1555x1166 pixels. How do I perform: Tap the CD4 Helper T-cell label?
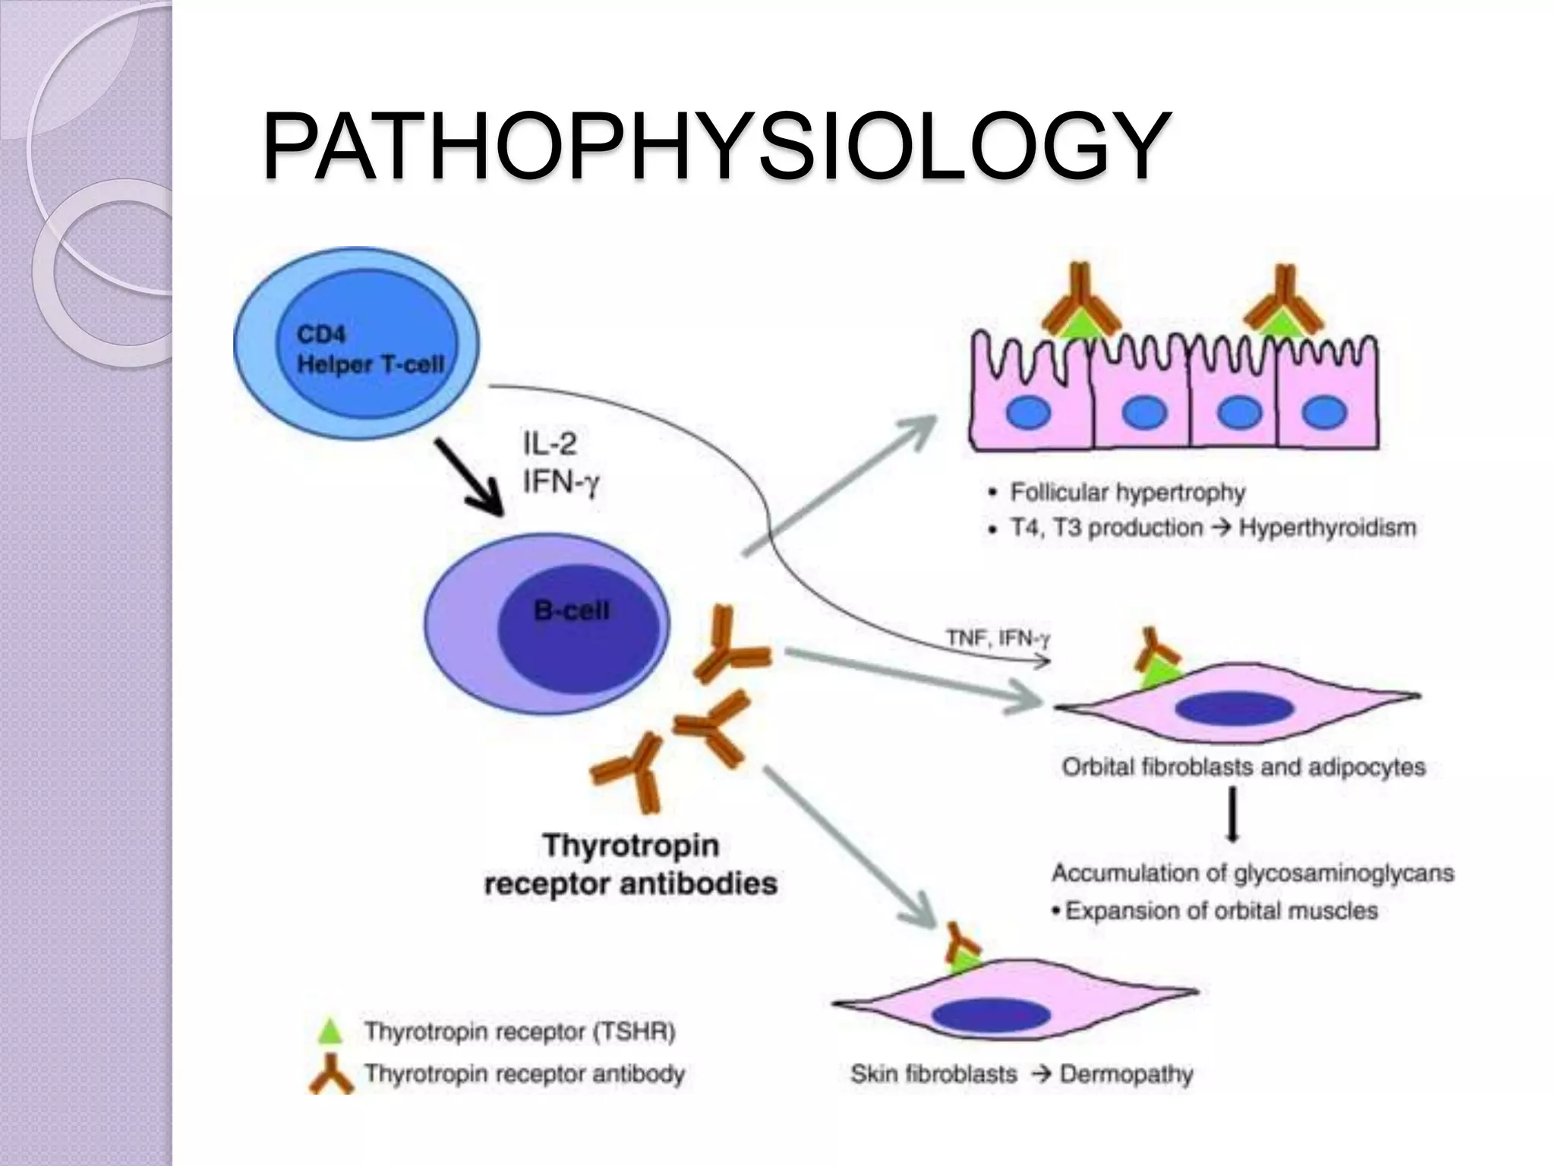(369, 350)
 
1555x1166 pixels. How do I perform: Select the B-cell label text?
(571, 611)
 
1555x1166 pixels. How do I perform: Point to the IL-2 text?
(550, 443)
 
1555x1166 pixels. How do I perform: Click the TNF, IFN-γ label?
(998, 638)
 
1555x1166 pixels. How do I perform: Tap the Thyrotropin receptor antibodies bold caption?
(630, 865)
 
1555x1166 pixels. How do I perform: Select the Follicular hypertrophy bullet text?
(1127, 493)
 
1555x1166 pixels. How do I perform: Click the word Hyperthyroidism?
(1327, 528)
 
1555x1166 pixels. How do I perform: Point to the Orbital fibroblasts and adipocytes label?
(1243, 767)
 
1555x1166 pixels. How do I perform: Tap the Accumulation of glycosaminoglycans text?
(1252, 873)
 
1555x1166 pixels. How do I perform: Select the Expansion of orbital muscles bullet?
(1220, 910)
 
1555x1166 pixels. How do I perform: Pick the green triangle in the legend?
(330, 1031)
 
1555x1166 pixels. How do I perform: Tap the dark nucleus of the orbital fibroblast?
(1234, 708)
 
